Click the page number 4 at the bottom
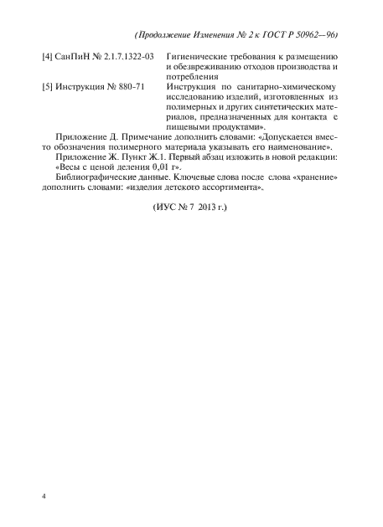(x=44, y=497)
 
